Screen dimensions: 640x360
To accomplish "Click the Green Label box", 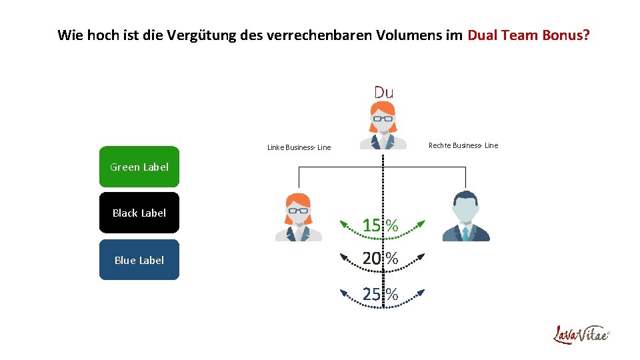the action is (139, 167).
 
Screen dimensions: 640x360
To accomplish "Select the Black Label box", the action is (139, 213).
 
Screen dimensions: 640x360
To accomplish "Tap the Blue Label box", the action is (139, 260).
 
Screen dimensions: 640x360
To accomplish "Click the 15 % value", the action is (380, 225).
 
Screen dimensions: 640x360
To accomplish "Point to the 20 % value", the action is (380, 258).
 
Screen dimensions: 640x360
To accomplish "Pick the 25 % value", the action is (380, 293).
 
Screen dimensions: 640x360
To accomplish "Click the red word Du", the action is (383, 92).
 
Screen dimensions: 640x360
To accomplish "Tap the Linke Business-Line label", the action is (299, 147).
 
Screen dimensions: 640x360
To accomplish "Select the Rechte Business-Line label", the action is (463, 145).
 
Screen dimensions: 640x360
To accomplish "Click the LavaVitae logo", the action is (581, 334).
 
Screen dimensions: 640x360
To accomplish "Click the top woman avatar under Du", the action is (383, 126).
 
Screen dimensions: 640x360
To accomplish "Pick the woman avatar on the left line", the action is (298, 216).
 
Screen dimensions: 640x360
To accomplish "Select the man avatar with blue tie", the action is (466, 216).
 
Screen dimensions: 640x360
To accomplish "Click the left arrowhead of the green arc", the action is (341, 221).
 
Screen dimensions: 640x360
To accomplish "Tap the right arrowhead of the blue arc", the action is (424, 291).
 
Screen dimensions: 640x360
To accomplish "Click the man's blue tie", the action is (466, 233).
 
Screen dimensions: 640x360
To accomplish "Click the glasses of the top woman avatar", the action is (383, 119).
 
